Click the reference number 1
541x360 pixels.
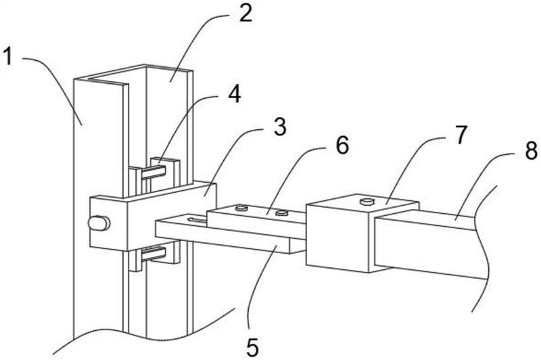(7, 57)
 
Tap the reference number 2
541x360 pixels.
(245, 14)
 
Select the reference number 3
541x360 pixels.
(279, 127)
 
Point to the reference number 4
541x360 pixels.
(235, 94)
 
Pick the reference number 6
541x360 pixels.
(342, 145)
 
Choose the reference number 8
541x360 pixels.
(532, 150)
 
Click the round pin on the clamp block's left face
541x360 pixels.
(99, 223)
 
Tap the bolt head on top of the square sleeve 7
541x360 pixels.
(367, 201)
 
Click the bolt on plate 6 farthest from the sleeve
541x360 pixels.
(241, 208)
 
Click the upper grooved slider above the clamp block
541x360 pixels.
(155, 173)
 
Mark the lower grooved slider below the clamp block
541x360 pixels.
(155, 256)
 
